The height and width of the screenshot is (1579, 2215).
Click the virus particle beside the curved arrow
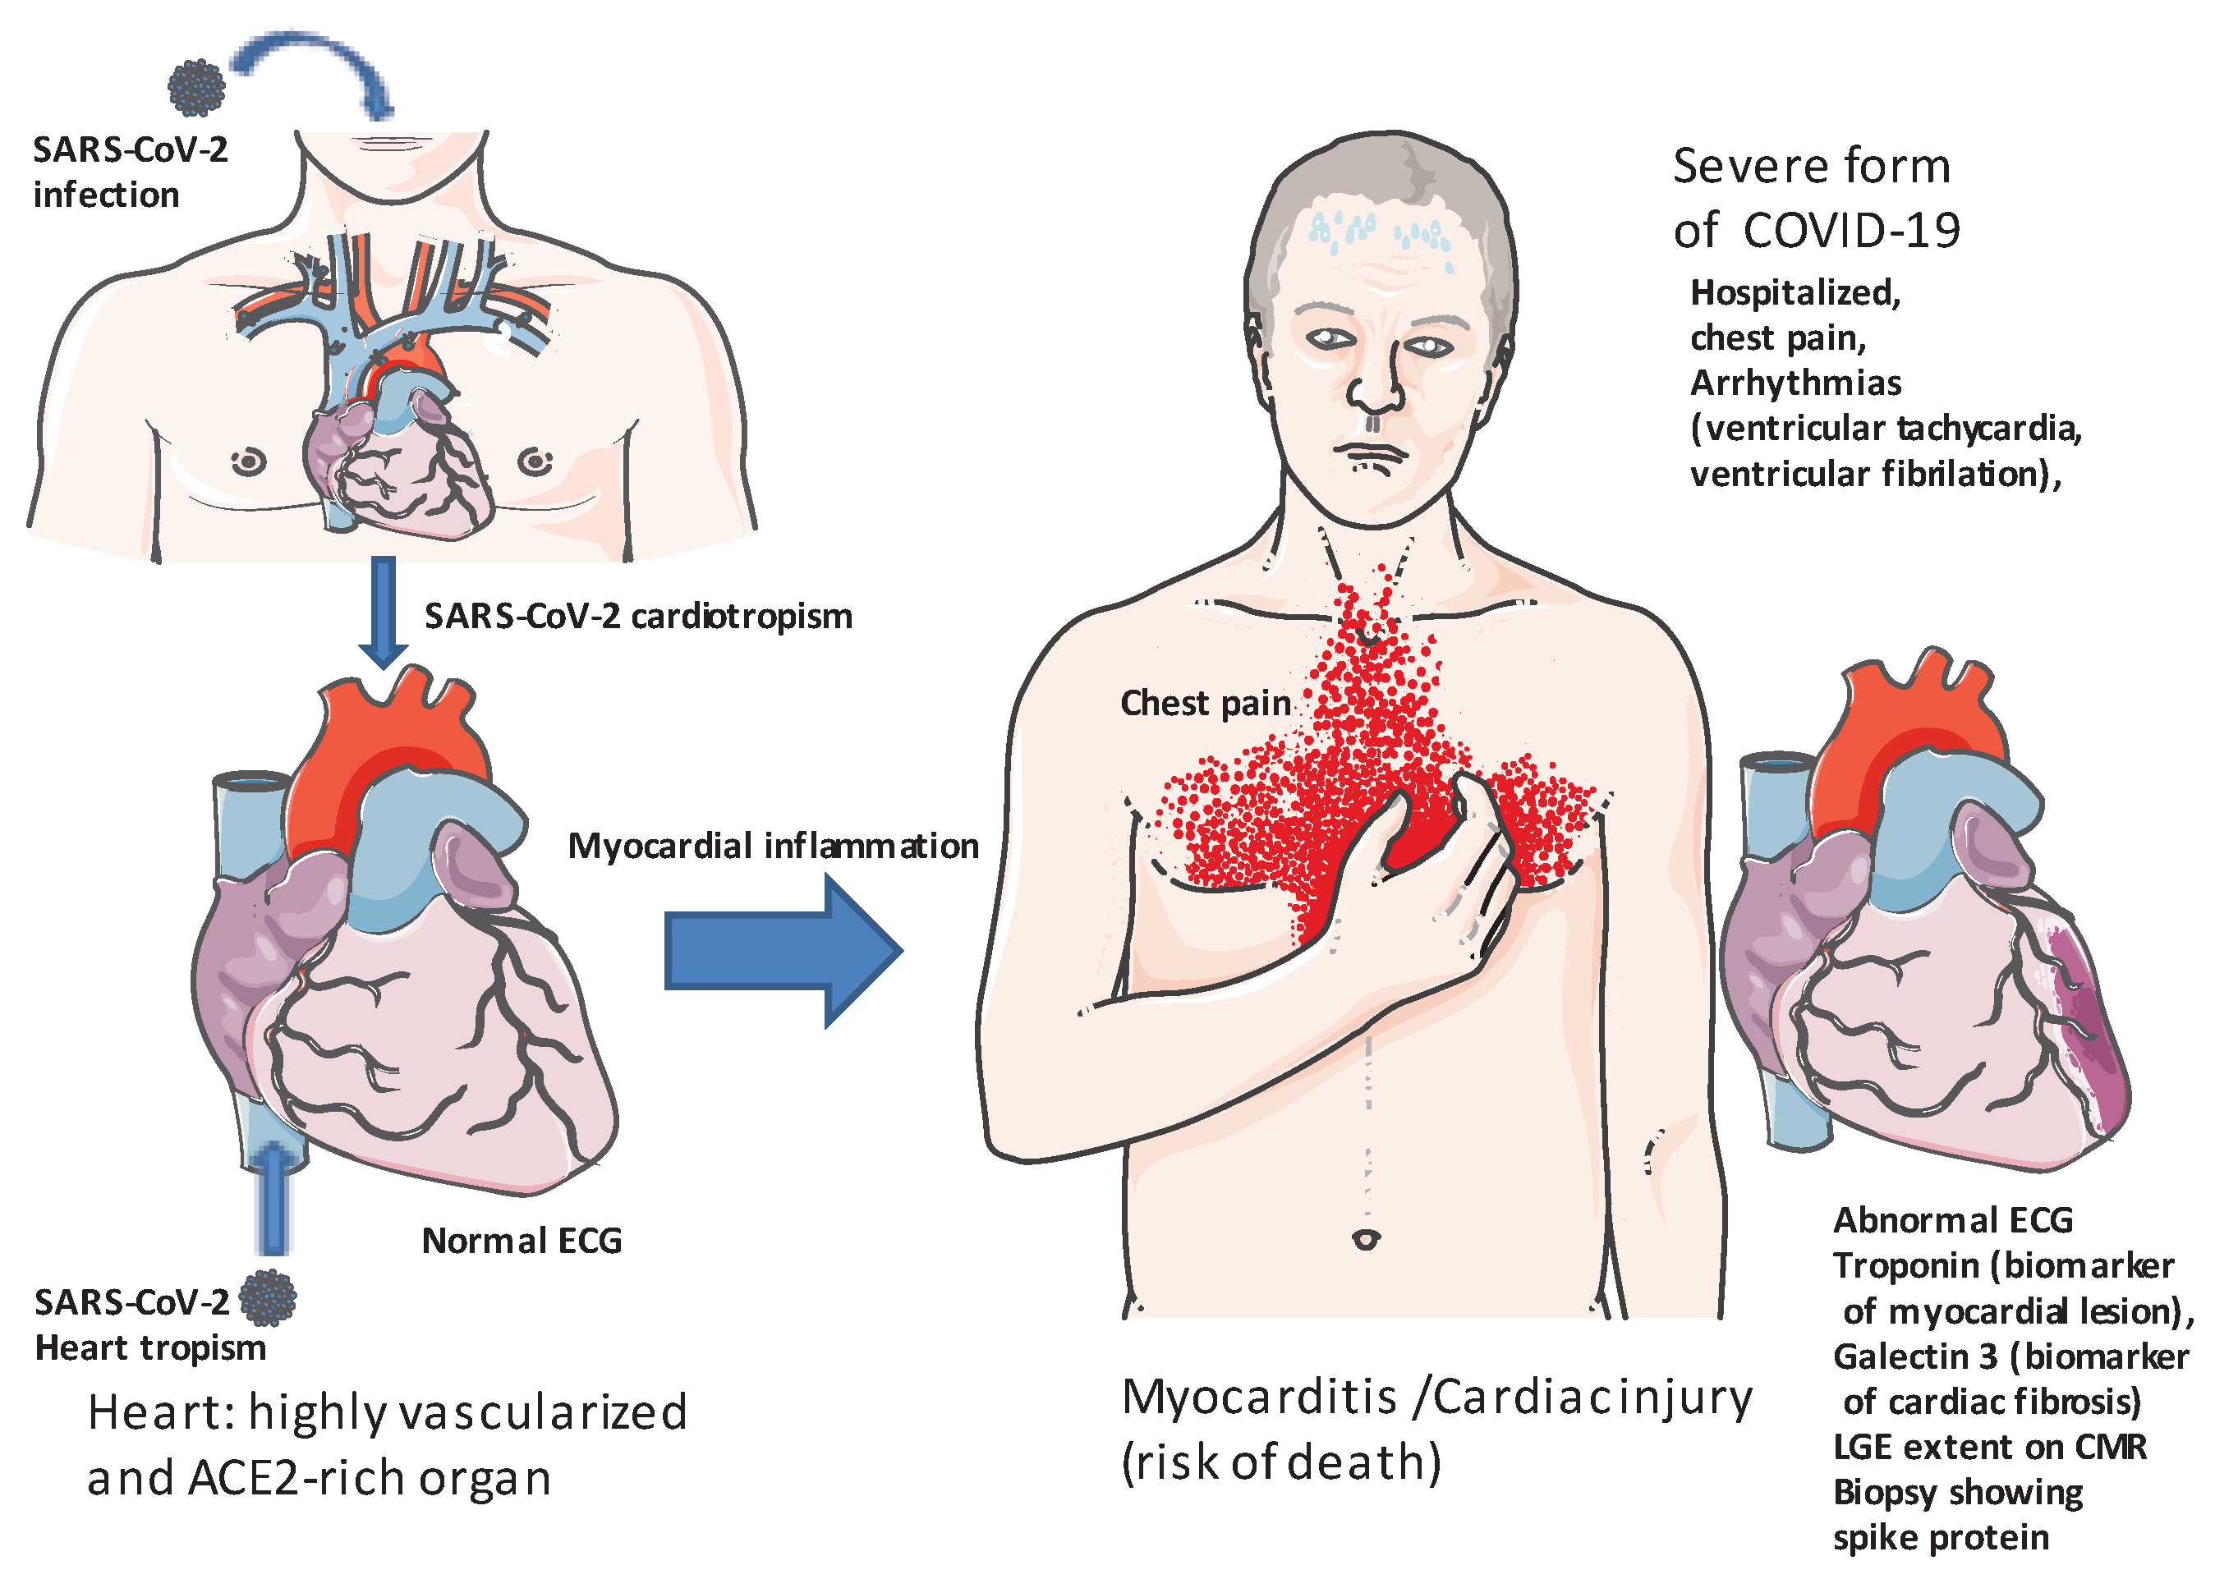(196, 88)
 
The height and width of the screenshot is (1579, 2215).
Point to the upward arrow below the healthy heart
(274, 1200)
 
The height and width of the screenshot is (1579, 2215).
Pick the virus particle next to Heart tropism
(268, 1298)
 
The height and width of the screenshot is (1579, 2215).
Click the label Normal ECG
(522, 1241)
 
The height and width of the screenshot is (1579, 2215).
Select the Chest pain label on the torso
(1206, 703)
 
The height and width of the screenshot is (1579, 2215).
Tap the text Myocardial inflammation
(773, 846)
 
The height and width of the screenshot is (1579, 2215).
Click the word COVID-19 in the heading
(1851, 232)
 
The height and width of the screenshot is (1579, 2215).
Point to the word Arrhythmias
(1796, 383)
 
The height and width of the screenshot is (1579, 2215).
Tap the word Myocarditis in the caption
(1260, 1398)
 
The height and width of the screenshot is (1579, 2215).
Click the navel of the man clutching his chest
(1366, 1240)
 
